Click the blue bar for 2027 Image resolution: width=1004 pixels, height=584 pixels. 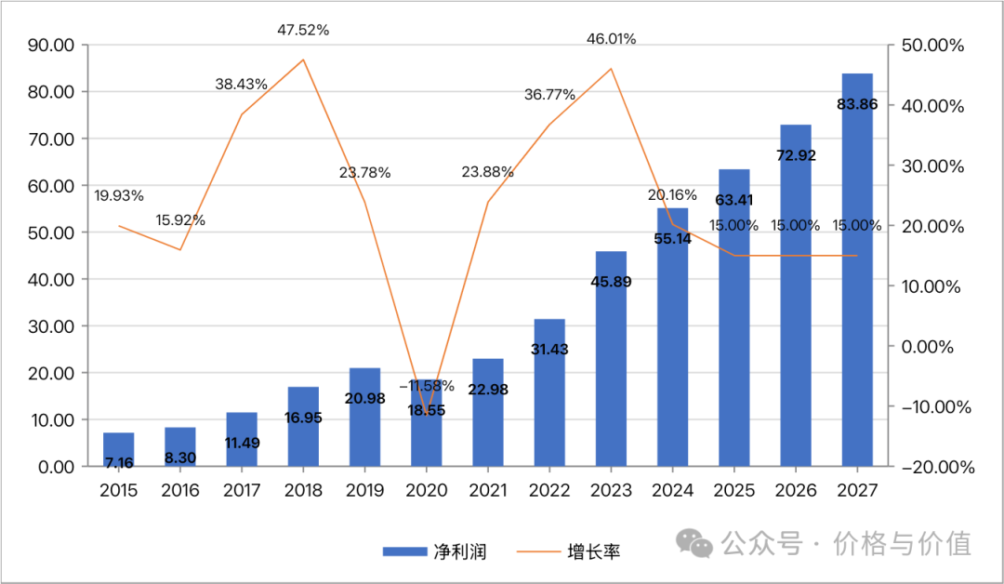pyautogui.click(x=857, y=279)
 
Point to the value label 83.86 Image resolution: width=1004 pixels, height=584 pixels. pyautogui.click(x=857, y=104)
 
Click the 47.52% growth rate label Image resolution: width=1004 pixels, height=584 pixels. pyautogui.click(x=303, y=30)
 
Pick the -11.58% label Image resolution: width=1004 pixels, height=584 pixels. pyautogui.click(x=427, y=385)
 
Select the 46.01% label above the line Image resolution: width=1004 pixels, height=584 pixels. pyautogui.click(x=612, y=39)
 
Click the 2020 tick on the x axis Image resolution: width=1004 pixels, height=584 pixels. pyautogui.click(x=427, y=490)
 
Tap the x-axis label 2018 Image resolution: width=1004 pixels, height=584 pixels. pyautogui.click(x=303, y=490)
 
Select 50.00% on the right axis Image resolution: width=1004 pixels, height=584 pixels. pyautogui.click(x=932, y=46)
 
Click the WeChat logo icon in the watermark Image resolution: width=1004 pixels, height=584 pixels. pyautogui.click(x=695, y=542)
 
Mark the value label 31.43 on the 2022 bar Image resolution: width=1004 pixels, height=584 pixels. pyautogui.click(x=549, y=350)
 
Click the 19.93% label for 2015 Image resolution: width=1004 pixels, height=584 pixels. pyautogui.click(x=119, y=195)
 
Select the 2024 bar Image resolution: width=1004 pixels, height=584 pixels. pyautogui.click(x=673, y=344)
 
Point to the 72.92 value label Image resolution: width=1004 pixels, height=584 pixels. pyautogui.click(x=796, y=155)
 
